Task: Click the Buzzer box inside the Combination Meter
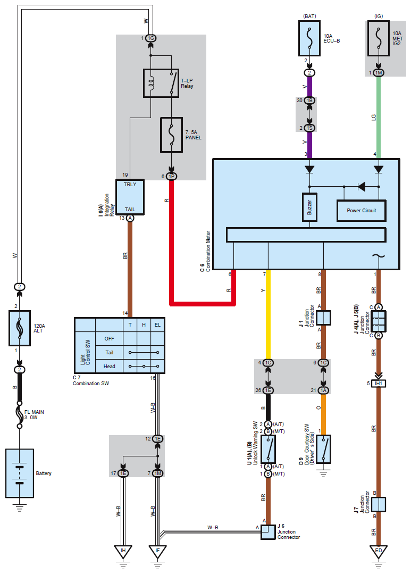(309, 207)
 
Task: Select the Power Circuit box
(361, 211)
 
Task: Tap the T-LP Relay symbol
(161, 83)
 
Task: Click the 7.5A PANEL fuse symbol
(171, 135)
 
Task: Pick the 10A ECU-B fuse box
(309, 38)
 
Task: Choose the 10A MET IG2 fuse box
(379, 38)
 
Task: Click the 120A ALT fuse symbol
(20, 328)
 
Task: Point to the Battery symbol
(20, 473)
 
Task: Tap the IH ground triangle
(123, 552)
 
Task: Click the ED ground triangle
(379, 552)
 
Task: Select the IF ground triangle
(158, 552)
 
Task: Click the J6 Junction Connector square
(269, 533)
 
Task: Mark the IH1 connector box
(379, 383)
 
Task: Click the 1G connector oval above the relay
(151, 38)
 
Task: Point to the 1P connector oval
(171, 177)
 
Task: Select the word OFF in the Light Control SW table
(109, 339)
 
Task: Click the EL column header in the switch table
(157, 325)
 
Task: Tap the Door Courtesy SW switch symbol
(323, 449)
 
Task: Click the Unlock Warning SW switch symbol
(269, 449)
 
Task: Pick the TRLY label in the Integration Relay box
(130, 184)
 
